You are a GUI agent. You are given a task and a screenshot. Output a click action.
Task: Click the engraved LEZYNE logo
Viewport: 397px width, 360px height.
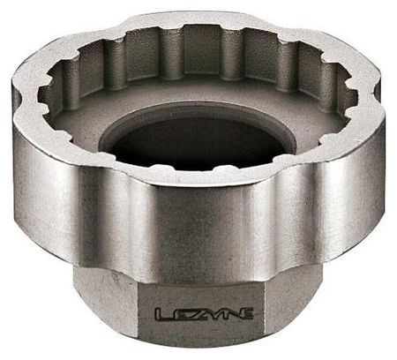pyautogui.click(x=204, y=314)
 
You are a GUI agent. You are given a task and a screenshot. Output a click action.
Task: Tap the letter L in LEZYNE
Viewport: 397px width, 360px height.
pyautogui.click(x=163, y=314)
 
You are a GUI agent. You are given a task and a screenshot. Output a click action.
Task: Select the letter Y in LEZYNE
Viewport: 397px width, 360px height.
pyautogui.click(x=213, y=314)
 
